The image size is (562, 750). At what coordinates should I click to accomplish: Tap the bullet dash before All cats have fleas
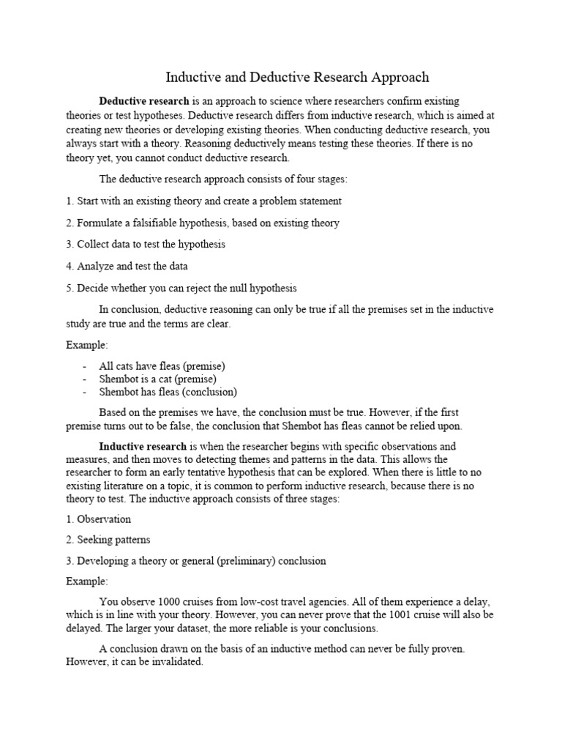[x=86, y=365]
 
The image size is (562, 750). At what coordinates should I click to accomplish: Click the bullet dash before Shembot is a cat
[x=86, y=379]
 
